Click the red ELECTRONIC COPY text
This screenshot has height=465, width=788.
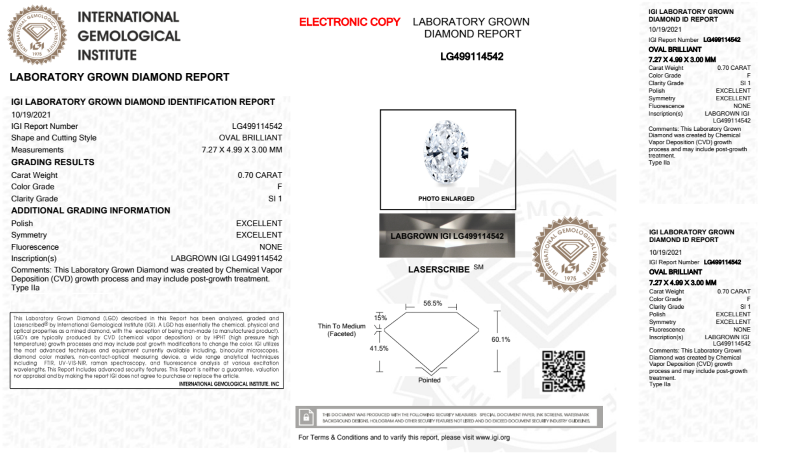[x=349, y=22]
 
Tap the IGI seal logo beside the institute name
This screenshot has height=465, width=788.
[x=37, y=35]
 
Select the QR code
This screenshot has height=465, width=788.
[x=563, y=371]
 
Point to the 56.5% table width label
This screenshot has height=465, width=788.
[x=432, y=303]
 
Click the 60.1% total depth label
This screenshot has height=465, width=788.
[x=501, y=339]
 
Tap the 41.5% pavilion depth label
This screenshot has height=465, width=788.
[x=379, y=348]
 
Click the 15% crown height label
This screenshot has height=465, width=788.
[x=380, y=318]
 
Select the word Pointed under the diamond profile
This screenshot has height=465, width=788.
[x=429, y=380]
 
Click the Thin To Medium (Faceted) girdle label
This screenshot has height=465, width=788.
[x=341, y=330]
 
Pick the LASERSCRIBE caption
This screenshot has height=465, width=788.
[x=439, y=270]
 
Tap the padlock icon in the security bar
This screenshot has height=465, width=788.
[x=306, y=417]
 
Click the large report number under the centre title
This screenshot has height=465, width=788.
[x=471, y=57]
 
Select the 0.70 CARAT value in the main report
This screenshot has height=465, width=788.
[x=260, y=175]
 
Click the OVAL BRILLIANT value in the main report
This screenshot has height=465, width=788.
[x=250, y=138]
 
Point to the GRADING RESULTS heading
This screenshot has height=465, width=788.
[x=53, y=162]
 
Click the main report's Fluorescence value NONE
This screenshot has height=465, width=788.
[x=271, y=247]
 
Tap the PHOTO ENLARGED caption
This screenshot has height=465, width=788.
[x=446, y=198]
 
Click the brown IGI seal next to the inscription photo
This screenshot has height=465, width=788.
[x=570, y=254]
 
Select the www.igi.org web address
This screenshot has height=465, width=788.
[x=492, y=437]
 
